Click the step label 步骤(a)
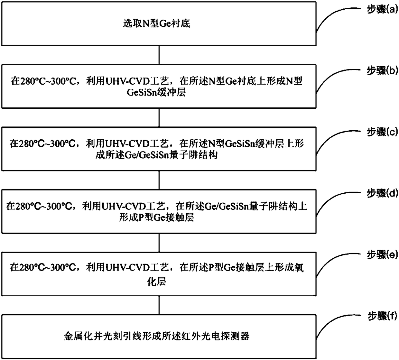(382, 10)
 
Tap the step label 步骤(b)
(382, 71)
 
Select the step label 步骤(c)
(382, 132)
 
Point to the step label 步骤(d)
(382, 193)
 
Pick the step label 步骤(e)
(382, 255)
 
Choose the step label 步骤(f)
(382, 317)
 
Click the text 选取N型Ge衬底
(157, 23)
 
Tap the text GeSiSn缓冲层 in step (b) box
(157, 93)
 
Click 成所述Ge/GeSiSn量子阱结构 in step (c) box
(157, 155)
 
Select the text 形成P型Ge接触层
(157, 218)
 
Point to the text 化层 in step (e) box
(157, 282)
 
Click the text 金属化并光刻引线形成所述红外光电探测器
(157, 337)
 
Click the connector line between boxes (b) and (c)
(159, 117)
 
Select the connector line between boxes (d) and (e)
(159, 242)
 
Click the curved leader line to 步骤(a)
(331, 16)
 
